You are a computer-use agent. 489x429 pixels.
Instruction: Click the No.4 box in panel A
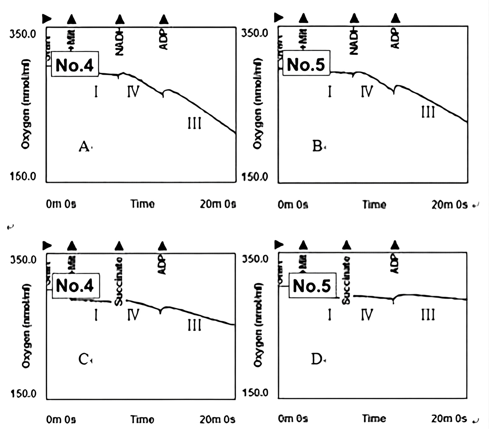pos(75,64)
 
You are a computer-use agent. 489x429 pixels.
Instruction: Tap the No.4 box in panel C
pos(75,285)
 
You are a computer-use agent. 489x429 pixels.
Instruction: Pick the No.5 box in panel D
pos(312,285)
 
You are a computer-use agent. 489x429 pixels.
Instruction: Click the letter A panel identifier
pos(84,146)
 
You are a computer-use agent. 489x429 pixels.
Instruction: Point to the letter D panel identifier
pos(317,359)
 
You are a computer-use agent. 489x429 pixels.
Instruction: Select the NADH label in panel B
pos(354,42)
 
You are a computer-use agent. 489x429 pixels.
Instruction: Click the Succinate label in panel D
pos(346,280)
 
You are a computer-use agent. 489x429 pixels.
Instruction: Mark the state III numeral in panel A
pos(194,123)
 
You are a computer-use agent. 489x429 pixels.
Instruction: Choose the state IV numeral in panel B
pos(367,91)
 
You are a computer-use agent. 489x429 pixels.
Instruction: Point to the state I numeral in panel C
pos(96,315)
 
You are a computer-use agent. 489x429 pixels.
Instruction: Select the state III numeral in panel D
pos(428,315)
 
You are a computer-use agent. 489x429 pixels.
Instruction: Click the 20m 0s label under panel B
pos(449,205)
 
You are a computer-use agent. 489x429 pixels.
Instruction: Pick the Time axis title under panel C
pos(143,419)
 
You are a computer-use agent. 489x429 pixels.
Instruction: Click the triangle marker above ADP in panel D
pos(395,245)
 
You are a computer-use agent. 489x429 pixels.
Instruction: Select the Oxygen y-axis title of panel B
pos(257,103)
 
